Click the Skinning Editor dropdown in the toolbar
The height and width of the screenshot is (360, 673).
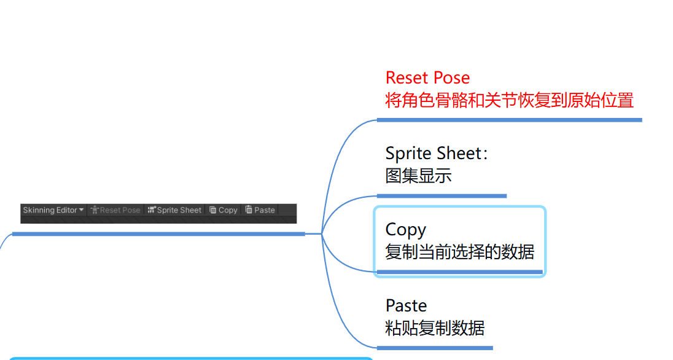[x=50, y=210]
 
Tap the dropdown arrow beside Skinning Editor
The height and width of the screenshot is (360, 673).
[x=82, y=210]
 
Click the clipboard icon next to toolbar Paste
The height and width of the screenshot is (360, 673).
[x=249, y=209]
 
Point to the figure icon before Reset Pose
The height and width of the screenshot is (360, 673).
[x=95, y=210]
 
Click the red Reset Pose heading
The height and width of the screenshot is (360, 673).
[x=427, y=78]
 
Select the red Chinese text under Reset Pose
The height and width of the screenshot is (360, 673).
[x=509, y=100]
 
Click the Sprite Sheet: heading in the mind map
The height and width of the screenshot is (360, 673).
[x=437, y=154]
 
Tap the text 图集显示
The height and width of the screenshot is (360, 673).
[x=418, y=176]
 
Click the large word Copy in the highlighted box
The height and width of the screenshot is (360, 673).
[x=405, y=230]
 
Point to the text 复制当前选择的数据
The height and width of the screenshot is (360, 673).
[x=459, y=252]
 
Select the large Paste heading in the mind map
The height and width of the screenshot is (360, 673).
[x=406, y=306]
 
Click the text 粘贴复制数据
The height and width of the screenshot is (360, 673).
[x=435, y=328]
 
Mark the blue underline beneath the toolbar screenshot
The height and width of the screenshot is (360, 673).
[x=158, y=234]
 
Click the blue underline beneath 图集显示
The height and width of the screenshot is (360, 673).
[x=442, y=196]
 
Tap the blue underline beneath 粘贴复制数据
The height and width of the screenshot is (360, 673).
[x=435, y=348]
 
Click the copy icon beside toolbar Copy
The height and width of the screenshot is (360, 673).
[x=212, y=209]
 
